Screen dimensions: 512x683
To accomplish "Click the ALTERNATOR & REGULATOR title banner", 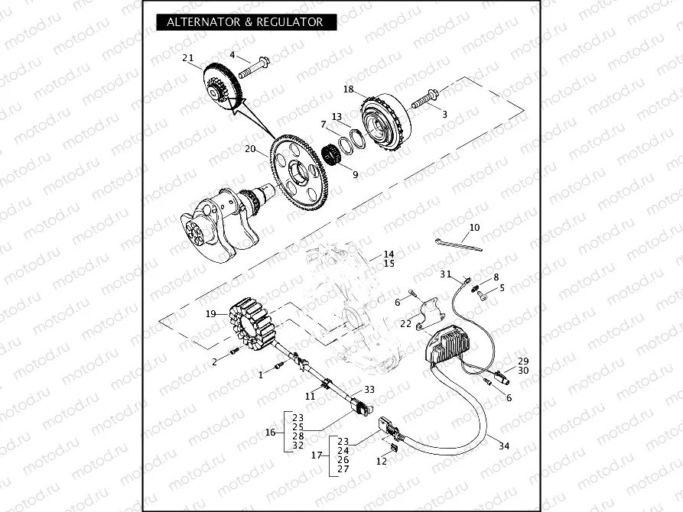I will click(246, 22).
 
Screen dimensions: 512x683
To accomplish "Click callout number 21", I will click(188, 58).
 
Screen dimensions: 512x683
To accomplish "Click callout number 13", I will click(336, 117).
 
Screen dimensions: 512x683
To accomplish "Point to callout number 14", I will click(389, 254).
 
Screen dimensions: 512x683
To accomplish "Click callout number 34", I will click(503, 446).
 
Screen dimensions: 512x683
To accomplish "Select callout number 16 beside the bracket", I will click(270, 432).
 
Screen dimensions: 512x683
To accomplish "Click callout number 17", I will click(315, 455).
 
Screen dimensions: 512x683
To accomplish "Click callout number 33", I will click(369, 389).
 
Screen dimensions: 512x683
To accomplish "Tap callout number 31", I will click(445, 274).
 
